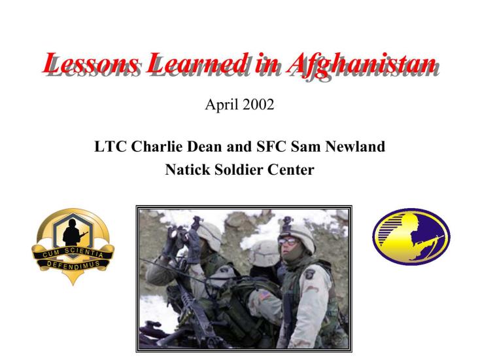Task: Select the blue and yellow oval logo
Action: [x=411, y=236]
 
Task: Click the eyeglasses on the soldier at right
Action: [x=288, y=242]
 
